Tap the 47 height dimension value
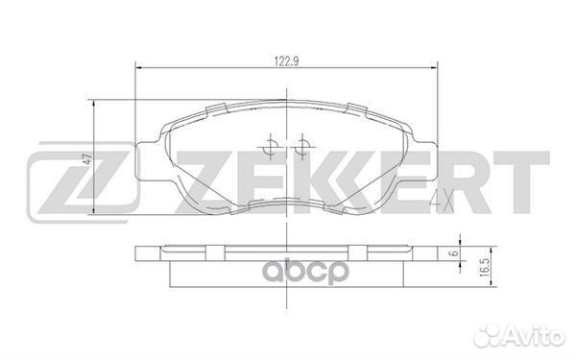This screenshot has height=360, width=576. point(86,160)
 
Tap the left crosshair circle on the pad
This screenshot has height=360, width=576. point(271,147)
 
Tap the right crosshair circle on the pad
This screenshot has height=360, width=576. point(301,147)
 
